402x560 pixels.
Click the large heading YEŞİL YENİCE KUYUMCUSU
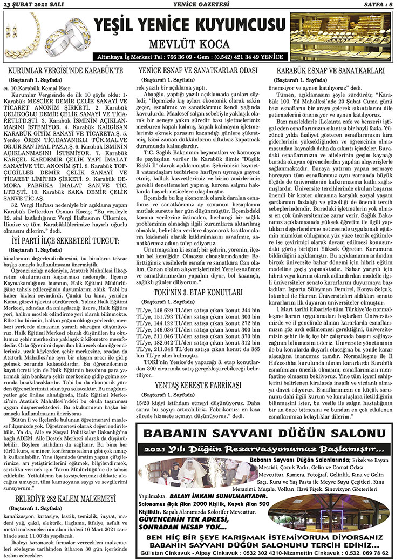click(189, 25)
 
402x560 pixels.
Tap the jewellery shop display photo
click(343, 36)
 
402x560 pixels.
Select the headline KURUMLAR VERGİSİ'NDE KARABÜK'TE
click(70, 71)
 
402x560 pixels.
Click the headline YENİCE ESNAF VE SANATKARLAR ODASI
click(198, 71)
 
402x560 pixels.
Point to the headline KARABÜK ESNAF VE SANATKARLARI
click(330, 71)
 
